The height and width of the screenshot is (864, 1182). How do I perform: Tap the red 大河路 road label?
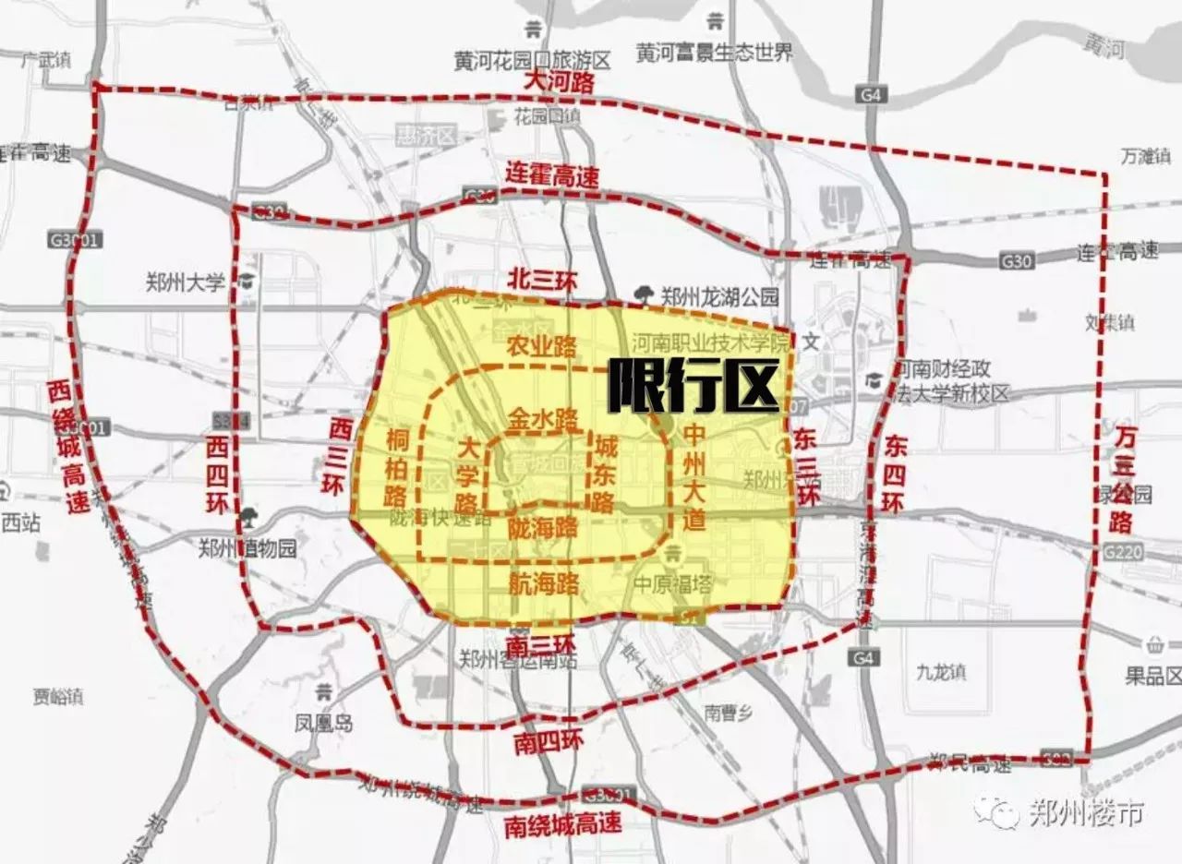click(x=560, y=82)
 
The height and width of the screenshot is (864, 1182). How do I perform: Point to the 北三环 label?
click(x=542, y=281)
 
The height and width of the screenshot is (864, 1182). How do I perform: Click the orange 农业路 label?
click(x=542, y=346)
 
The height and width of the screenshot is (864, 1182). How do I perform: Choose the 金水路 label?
click(x=542, y=417)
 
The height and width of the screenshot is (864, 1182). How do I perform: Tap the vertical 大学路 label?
click(x=467, y=475)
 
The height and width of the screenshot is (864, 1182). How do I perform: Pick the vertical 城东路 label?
click(x=606, y=474)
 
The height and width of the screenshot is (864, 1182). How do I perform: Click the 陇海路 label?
click(x=542, y=527)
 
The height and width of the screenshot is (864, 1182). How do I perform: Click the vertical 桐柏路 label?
click(x=397, y=466)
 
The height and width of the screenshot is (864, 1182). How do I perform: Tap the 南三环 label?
click(x=540, y=641)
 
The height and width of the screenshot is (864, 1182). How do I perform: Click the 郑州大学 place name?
click(x=186, y=282)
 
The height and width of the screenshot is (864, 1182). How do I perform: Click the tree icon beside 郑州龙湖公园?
click(x=645, y=295)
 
